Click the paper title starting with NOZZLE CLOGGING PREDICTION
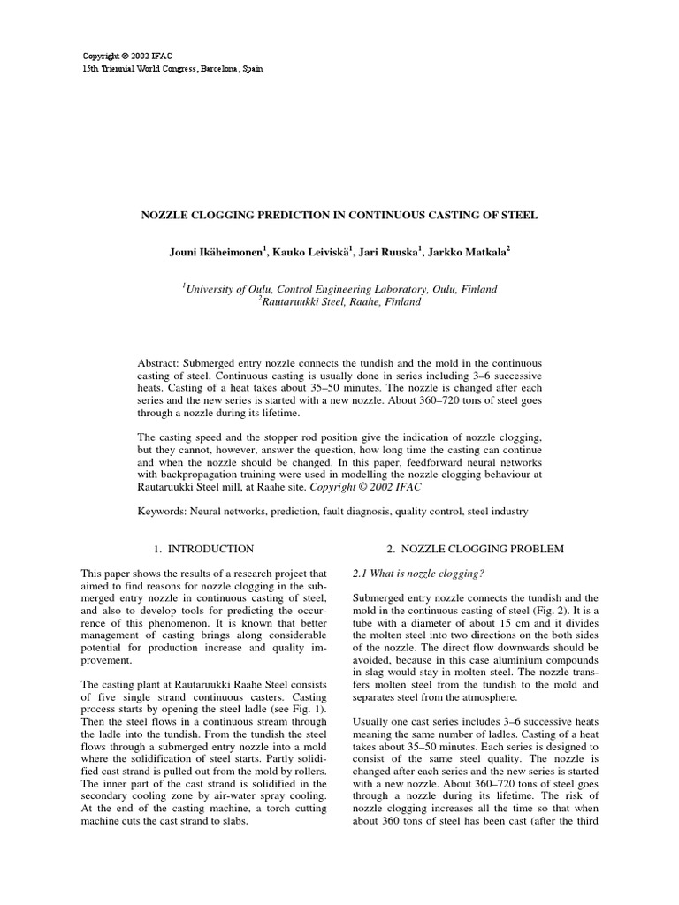(x=339, y=215)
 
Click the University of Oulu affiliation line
(x=339, y=289)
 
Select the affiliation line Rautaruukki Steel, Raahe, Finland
(x=339, y=302)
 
